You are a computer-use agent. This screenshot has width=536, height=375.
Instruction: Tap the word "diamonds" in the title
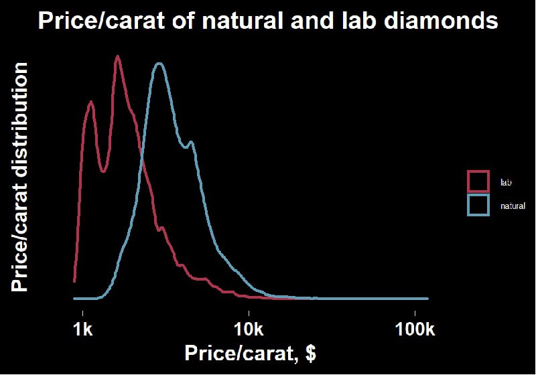tap(441, 21)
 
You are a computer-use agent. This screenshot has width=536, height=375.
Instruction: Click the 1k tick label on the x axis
tap(83, 329)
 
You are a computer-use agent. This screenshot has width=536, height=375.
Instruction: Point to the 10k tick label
tap(249, 329)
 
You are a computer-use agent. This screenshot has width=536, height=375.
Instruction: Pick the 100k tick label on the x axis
tap(415, 329)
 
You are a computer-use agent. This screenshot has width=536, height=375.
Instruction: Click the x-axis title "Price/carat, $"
tap(250, 353)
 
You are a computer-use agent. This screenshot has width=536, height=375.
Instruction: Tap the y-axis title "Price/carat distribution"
tap(19, 177)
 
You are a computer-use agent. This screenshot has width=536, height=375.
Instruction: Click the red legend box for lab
tap(478, 181)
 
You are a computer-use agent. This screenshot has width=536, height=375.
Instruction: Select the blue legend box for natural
tap(478, 205)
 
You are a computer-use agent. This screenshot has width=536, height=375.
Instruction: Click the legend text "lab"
tap(506, 182)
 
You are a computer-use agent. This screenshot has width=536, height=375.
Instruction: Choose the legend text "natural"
tap(513, 206)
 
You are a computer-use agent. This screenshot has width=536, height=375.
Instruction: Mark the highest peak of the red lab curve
tap(118, 56)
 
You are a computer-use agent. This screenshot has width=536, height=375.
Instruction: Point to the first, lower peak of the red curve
tap(90, 102)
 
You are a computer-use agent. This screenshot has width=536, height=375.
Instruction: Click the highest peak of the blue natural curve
tap(159, 64)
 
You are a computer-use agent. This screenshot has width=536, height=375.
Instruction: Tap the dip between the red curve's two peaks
tap(104, 171)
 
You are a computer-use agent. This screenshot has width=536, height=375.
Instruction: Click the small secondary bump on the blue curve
tap(191, 142)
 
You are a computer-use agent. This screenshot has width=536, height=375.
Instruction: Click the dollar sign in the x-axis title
tap(311, 353)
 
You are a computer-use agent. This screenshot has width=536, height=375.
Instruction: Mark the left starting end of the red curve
tap(74, 281)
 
